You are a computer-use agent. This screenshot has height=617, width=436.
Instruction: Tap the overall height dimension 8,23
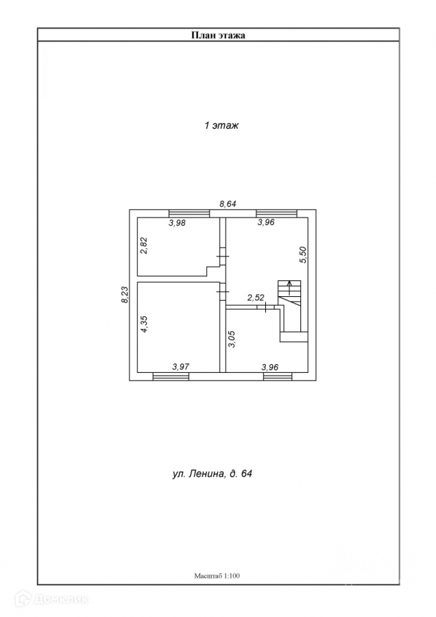(x=123, y=295)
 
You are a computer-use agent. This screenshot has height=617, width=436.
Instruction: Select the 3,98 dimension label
(x=178, y=222)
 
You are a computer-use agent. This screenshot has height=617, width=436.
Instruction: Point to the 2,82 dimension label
(x=143, y=245)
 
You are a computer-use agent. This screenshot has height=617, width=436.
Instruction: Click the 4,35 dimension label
(x=143, y=324)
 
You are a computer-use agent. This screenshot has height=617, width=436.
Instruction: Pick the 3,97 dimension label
(x=180, y=367)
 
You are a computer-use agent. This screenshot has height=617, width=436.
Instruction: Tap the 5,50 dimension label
(x=302, y=255)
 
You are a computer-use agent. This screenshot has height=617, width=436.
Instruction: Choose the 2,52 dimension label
(x=256, y=298)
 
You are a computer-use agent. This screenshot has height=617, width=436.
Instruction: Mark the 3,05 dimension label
(x=232, y=340)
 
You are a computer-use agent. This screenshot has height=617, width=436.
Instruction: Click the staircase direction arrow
(x=290, y=287)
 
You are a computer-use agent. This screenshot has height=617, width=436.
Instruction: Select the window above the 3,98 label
(x=189, y=213)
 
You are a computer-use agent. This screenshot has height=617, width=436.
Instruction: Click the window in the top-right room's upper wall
(x=276, y=213)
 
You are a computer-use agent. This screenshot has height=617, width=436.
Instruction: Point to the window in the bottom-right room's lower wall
(x=278, y=376)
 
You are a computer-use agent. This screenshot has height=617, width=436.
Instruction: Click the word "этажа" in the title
(x=231, y=35)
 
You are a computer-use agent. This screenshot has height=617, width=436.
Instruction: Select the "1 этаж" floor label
(x=221, y=126)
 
